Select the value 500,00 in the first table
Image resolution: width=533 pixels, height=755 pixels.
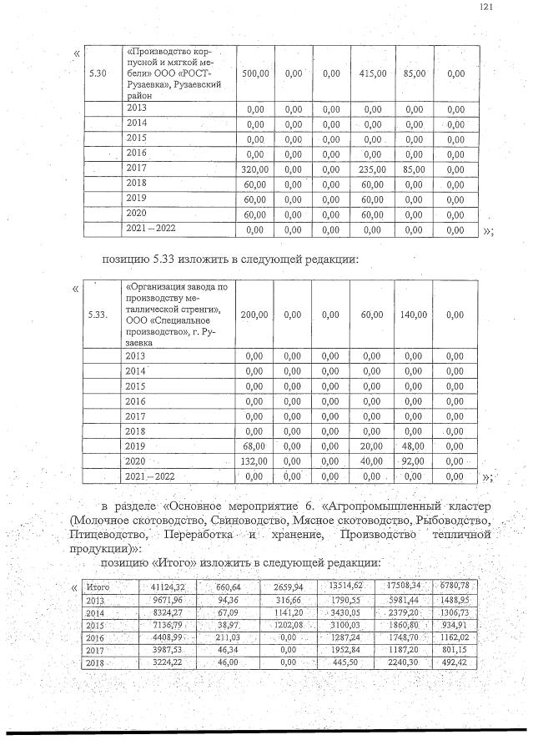pyautogui.click(x=254, y=74)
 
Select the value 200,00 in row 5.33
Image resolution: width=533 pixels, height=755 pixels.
pyautogui.click(x=254, y=315)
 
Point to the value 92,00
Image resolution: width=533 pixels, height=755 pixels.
pyautogui.click(x=415, y=461)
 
